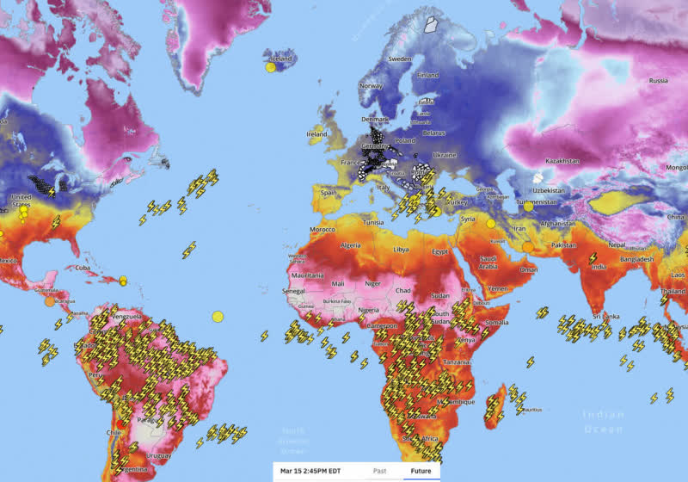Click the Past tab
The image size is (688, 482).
pos(379,471)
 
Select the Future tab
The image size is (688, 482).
pos(421,471)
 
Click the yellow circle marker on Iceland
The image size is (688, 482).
pos(270,66)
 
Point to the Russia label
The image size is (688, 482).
pos(658,81)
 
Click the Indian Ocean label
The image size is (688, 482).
pos(605,421)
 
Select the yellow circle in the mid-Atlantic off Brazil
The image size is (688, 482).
pos(218,316)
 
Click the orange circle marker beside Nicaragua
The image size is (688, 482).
pos(48,301)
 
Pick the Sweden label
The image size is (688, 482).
pos(400,59)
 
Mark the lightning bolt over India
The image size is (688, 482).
pos(593,257)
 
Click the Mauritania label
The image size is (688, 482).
pos(306,275)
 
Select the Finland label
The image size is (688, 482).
pos(427,75)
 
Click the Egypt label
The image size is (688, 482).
pos(441,251)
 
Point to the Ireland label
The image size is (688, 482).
pos(317,134)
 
